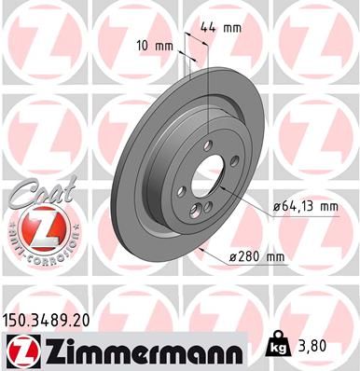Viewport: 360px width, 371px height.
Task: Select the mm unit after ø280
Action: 275,256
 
